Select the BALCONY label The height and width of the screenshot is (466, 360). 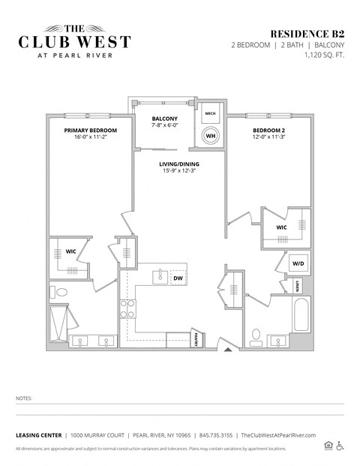[165, 119]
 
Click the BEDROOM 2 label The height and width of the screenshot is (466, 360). [267, 130]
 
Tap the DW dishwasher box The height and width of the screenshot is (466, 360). [178, 278]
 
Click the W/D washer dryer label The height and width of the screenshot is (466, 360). [297, 263]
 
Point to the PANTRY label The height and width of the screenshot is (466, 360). [196, 340]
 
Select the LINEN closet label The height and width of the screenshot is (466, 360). [298, 285]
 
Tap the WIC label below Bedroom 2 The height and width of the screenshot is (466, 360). [281, 227]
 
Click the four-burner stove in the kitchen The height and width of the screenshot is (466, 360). [128, 308]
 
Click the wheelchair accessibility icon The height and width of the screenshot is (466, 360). [340, 446]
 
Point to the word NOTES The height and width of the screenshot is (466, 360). [25, 398]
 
